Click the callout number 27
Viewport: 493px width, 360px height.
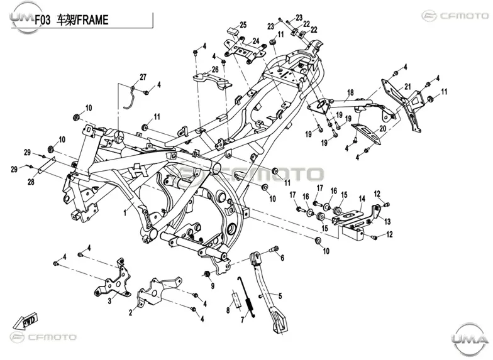143,77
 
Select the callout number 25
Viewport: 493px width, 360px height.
243,25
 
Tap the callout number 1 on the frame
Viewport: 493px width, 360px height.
125,212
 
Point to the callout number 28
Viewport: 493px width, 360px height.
31,182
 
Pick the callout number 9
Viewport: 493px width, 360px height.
213,286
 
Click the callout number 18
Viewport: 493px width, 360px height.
350,93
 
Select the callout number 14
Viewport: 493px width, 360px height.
362,199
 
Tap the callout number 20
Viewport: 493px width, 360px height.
382,128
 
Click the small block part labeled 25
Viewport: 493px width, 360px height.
233,31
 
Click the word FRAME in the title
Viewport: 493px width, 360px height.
93,20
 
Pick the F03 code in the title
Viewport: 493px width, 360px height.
42,20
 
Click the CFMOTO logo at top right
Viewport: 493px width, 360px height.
455,15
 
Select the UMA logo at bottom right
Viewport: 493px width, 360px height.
470,339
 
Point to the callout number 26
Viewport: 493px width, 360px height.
215,69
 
